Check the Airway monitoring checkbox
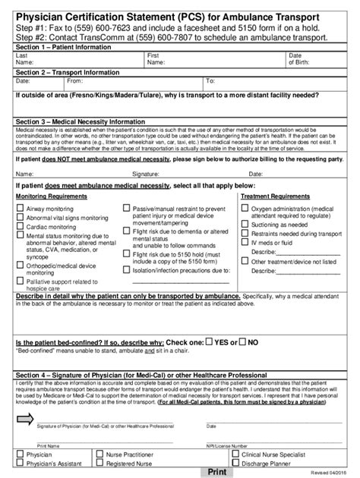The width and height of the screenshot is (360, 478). (20, 206)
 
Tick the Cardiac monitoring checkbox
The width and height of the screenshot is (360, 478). (20, 225)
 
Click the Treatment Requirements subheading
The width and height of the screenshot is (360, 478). (274, 196)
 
